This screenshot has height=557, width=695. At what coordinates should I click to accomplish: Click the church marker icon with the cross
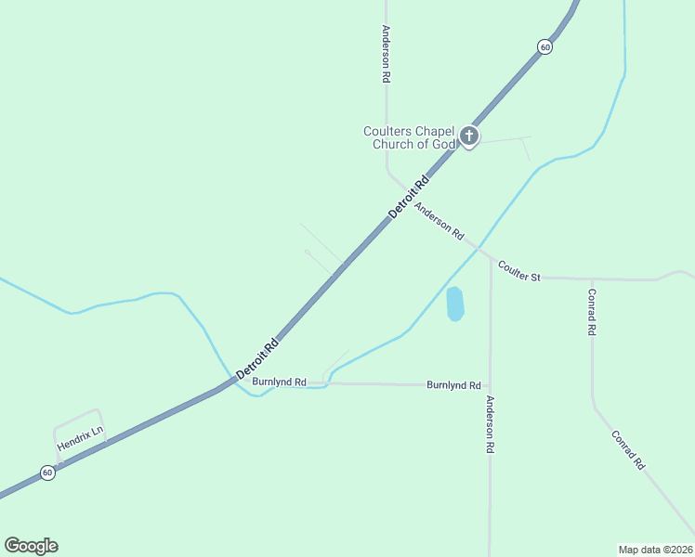pyautogui.click(x=469, y=137)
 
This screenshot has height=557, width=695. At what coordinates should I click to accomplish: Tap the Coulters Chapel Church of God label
pyautogui.click(x=410, y=137)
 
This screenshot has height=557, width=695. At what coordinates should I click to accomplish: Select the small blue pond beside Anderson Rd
pyautogui.click(x=454, y=304)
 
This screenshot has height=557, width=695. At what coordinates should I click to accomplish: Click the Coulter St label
pyautogui.click(x=518, y=270)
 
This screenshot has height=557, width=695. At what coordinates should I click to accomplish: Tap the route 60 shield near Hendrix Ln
pyautogui.click(x=47, y=473)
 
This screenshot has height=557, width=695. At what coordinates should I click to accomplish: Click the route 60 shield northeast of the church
pyautogui.click(x=545, y=46)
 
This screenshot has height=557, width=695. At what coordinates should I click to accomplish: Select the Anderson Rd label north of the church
pyautogui.click(x=385, y=55)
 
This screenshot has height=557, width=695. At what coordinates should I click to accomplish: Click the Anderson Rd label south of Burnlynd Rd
pyautogui.click(x=490, y=424)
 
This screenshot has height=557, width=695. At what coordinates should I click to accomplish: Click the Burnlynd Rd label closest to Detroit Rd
pyautogui.click(x=279, y=382)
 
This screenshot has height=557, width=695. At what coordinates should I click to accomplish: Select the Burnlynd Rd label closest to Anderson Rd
pyautogui.click(x=453, y=384)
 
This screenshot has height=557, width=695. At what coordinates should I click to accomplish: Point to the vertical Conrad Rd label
pyautogui.click(x=591, y=311)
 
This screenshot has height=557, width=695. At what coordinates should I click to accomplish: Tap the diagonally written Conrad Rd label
pyautogui.click(x=628, y=449)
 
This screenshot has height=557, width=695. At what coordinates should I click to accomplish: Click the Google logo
pyautogui.click(x=31, y=546)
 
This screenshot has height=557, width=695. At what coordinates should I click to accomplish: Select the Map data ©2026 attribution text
pyautogui.click(x=656, y=549)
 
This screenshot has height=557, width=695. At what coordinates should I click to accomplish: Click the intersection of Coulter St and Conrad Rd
pyautogui.click(x=591, y=278)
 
